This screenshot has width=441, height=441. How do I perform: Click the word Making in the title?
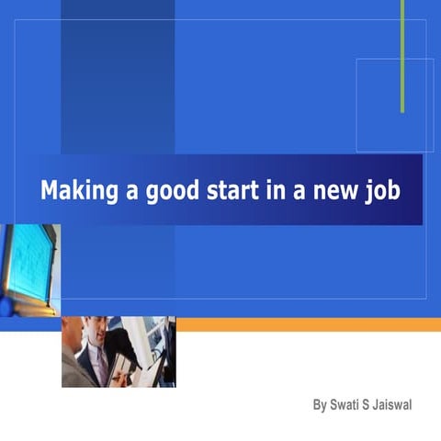coord(76,190)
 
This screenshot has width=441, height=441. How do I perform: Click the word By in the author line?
coord(320,404)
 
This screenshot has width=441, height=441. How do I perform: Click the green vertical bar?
coord(402,55)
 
